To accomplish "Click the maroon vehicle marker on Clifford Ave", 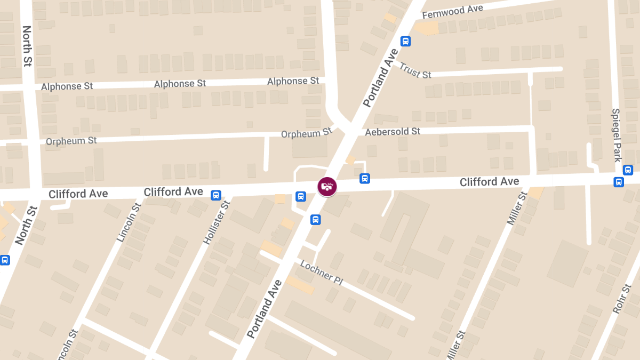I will point(327,187).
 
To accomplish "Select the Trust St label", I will point(415,70).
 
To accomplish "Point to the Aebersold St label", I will point(393,131).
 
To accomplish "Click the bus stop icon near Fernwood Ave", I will point(405,41).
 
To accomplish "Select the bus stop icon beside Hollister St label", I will point(216,195).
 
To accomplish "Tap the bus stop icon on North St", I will point(5,260).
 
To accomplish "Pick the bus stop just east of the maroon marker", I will point(365,178).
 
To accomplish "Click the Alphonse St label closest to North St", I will point(67,86).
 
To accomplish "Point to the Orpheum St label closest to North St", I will point(71,141).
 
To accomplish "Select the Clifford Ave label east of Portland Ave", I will point(489,182).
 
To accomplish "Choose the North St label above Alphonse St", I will point(27,46).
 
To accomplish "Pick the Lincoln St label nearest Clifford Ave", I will point(129,222).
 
